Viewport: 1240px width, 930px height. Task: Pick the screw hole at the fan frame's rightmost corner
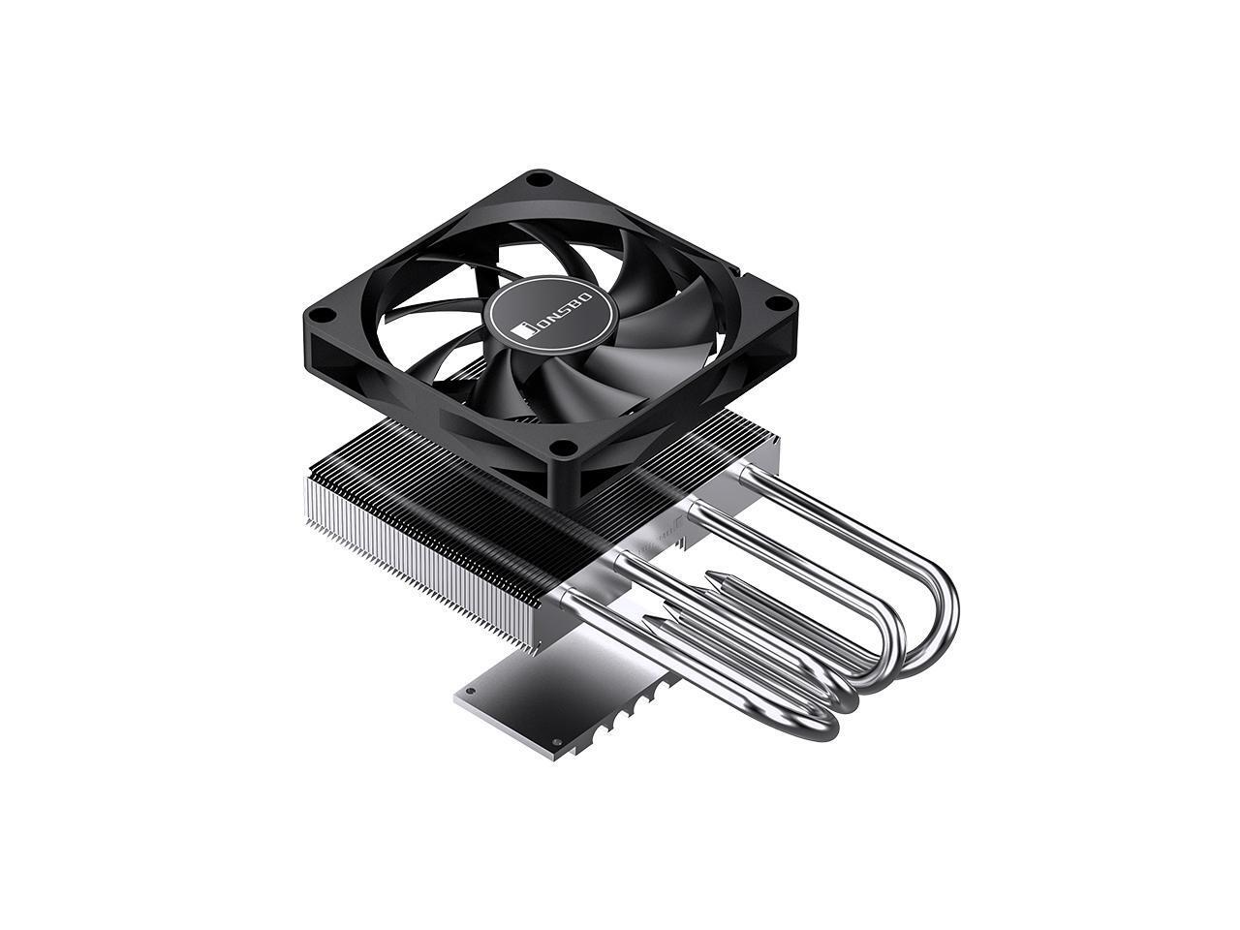776,302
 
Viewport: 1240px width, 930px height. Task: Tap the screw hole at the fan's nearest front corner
561,448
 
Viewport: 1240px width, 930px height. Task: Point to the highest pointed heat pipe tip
714,577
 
